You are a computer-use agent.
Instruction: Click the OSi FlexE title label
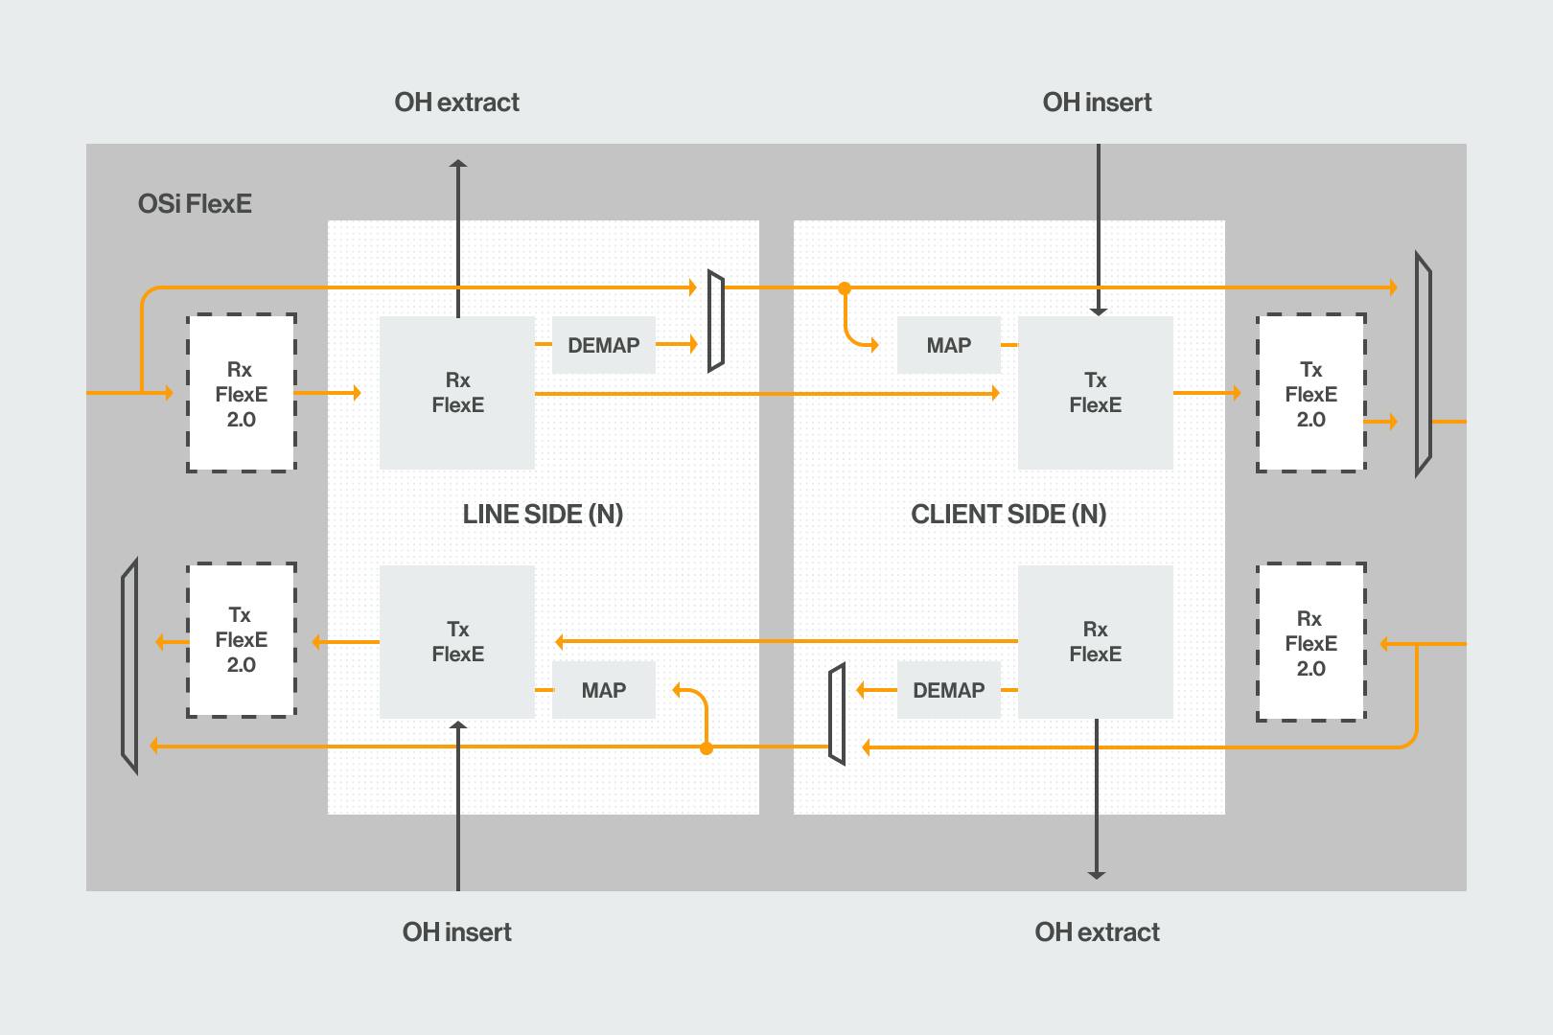click(x=195, y=204)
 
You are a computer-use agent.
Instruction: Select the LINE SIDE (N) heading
click(x=543, y=515)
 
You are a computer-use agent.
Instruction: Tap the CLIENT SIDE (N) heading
click(x=1008, y=515)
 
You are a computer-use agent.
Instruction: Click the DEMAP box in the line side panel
click(x=604, y=345)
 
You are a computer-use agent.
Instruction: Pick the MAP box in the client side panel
click(x=949, y=345)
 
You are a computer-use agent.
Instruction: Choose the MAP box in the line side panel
click(x=604, y=690)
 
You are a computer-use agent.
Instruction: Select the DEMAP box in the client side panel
click(x=949, y=690)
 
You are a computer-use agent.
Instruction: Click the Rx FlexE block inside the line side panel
click(x=457, y=393)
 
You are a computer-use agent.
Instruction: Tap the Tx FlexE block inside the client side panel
click(x=1096, y=393)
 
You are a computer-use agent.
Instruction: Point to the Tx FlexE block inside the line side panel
click(x=457, y=642)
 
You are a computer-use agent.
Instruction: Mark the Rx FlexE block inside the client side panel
click(x=1096, y=642)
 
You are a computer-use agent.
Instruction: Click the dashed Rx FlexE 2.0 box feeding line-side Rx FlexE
click(x=242, y=394)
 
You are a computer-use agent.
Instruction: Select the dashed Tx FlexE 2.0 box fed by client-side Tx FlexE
click(x=1311, y=394)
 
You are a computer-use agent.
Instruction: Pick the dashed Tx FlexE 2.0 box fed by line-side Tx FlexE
click(x=242, y=640)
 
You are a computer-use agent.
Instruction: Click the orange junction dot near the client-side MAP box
click(x=845, y=288)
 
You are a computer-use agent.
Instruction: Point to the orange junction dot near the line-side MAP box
click(x=707, y=748)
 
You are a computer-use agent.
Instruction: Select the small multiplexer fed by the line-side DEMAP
click(x=716, y=321)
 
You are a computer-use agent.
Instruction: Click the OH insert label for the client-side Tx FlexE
click(x=1097, y=103)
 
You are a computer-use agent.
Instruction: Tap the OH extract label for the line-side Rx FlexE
click(x=457, y=103)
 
